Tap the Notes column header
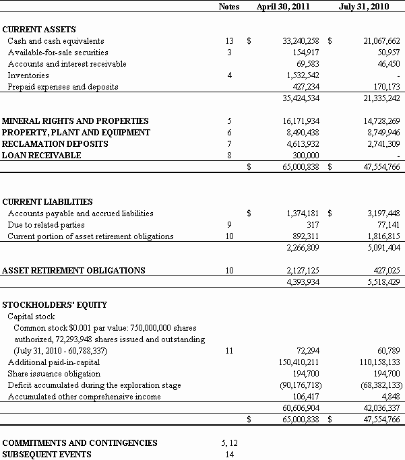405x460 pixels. point(229,7)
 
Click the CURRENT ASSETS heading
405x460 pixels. point(39,30)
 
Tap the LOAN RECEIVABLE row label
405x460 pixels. point(42,156)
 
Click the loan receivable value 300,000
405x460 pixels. point(306,156)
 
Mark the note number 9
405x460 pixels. point(229,225)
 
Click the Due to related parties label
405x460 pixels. point(46,225)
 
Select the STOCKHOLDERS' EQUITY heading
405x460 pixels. point(55,305)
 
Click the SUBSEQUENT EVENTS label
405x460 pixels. point(46,455)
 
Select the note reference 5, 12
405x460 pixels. point(229,443)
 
